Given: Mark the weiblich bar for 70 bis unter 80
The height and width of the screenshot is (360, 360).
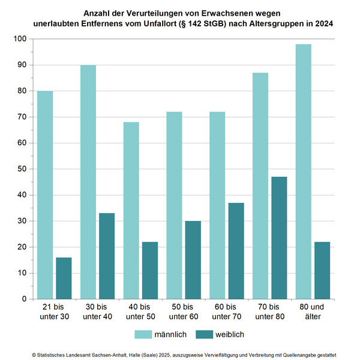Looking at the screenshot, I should pos(279,238).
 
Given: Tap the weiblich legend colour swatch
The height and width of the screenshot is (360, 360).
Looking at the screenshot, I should pos(205,334).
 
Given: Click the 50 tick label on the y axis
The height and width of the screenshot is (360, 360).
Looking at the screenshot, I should pos(22,169).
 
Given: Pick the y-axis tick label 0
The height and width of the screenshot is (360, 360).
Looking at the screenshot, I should pos(24,299).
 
